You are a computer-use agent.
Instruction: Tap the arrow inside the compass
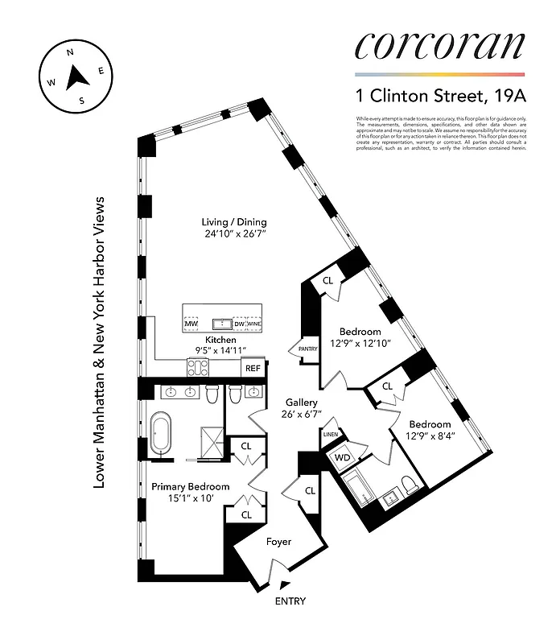(76, 77)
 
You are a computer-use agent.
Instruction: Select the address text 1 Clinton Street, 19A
(442, 97)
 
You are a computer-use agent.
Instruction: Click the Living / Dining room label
(234, 223)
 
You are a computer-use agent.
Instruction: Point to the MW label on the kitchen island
(192, 324)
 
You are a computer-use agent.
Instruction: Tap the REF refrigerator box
(253, 368)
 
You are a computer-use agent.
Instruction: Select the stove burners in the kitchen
(198, 368)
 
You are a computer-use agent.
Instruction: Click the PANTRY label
(308, 349)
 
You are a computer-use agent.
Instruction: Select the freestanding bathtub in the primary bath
(160, 435)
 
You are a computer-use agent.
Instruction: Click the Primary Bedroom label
(191, 486)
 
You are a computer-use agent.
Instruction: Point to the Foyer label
(278, 542)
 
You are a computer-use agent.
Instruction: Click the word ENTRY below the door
(290, 601)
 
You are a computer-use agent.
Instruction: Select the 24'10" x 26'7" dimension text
(234, 235)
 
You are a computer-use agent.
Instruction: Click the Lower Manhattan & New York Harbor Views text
(101, 342)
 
